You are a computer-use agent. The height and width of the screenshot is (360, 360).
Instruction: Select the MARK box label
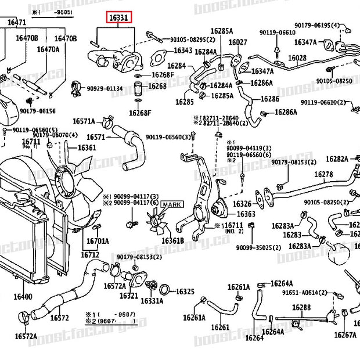[171, 204]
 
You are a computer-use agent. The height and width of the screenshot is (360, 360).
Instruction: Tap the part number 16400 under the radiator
[23, 297]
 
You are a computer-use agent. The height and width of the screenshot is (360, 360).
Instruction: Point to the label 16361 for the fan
[87, 147]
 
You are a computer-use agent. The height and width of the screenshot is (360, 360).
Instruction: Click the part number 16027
[237, 42]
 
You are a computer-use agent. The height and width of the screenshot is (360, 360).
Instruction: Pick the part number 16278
[323, 174]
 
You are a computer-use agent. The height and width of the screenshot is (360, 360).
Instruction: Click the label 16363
[246, 214]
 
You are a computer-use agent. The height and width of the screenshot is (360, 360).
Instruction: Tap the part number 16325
[185, 291]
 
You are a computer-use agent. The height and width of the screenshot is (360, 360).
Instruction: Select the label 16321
[129, 296]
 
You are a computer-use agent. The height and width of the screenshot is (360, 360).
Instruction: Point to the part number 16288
[301, 308]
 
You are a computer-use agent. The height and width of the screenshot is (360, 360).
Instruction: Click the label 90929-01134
[105, 88]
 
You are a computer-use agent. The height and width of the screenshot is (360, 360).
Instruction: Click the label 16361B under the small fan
[172, 240]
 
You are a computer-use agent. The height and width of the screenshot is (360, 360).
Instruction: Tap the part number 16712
[90, 254]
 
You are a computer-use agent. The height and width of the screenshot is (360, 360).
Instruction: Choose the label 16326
[242, 204]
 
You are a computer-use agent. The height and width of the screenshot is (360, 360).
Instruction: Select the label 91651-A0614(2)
[305, 293]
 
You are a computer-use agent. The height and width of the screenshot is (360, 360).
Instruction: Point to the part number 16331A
[152, 300]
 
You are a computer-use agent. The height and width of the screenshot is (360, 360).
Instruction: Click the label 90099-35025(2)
[258, 247]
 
